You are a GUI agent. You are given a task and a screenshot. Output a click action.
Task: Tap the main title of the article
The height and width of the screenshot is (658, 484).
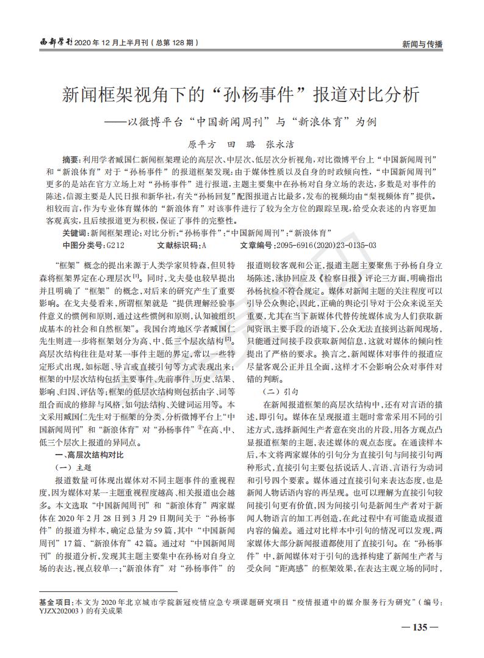[242, 95]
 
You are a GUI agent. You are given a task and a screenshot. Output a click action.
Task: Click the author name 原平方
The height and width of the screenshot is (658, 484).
[202, 145]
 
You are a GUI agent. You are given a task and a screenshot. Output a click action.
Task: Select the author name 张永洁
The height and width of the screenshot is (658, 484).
[281, 145]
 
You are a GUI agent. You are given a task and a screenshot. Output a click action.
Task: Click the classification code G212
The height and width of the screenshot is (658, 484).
[115, 245]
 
